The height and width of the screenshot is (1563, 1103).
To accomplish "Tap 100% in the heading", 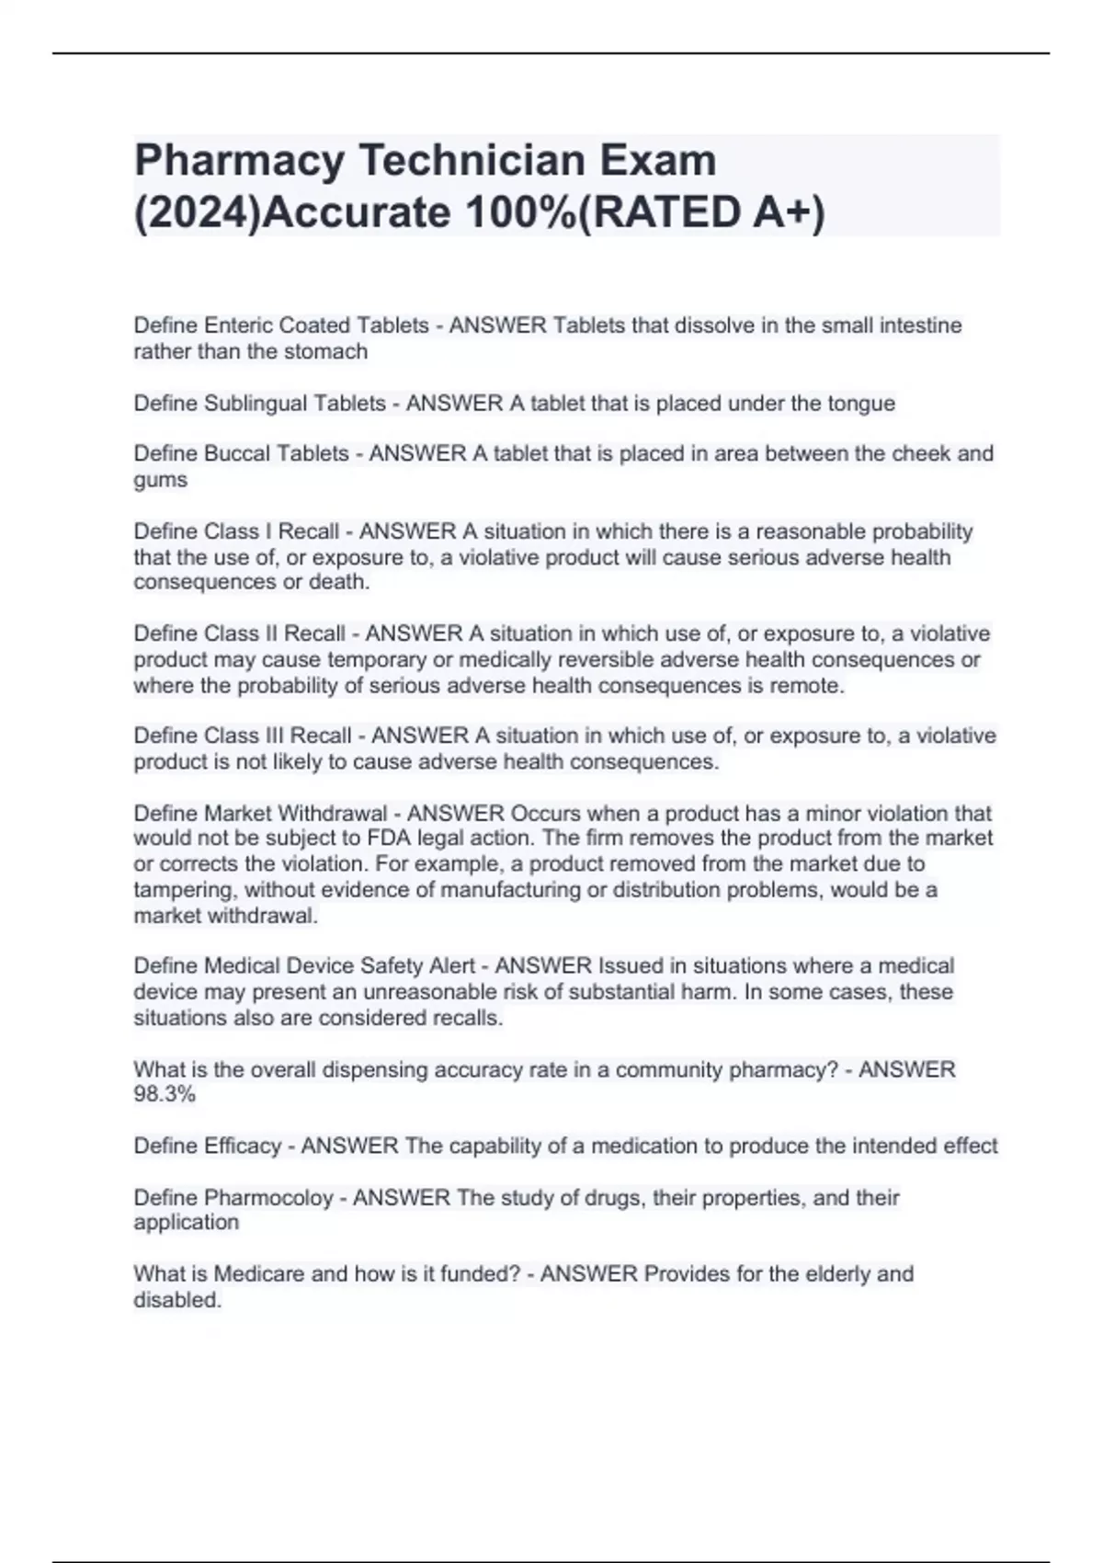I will click(x=520, y=213).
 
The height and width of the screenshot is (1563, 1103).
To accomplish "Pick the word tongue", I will click(x=860, y=404).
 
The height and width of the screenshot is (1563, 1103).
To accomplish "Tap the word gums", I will click(x=160, y=480).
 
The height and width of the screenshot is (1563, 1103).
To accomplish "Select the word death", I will click(x=338, y=582).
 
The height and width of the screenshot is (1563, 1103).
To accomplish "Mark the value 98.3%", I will click(x=164, y=1095).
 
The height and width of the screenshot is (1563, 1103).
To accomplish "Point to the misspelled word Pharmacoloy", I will click(x=267, y=1198).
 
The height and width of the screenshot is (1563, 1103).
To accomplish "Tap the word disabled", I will click(x=176, y=1300).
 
